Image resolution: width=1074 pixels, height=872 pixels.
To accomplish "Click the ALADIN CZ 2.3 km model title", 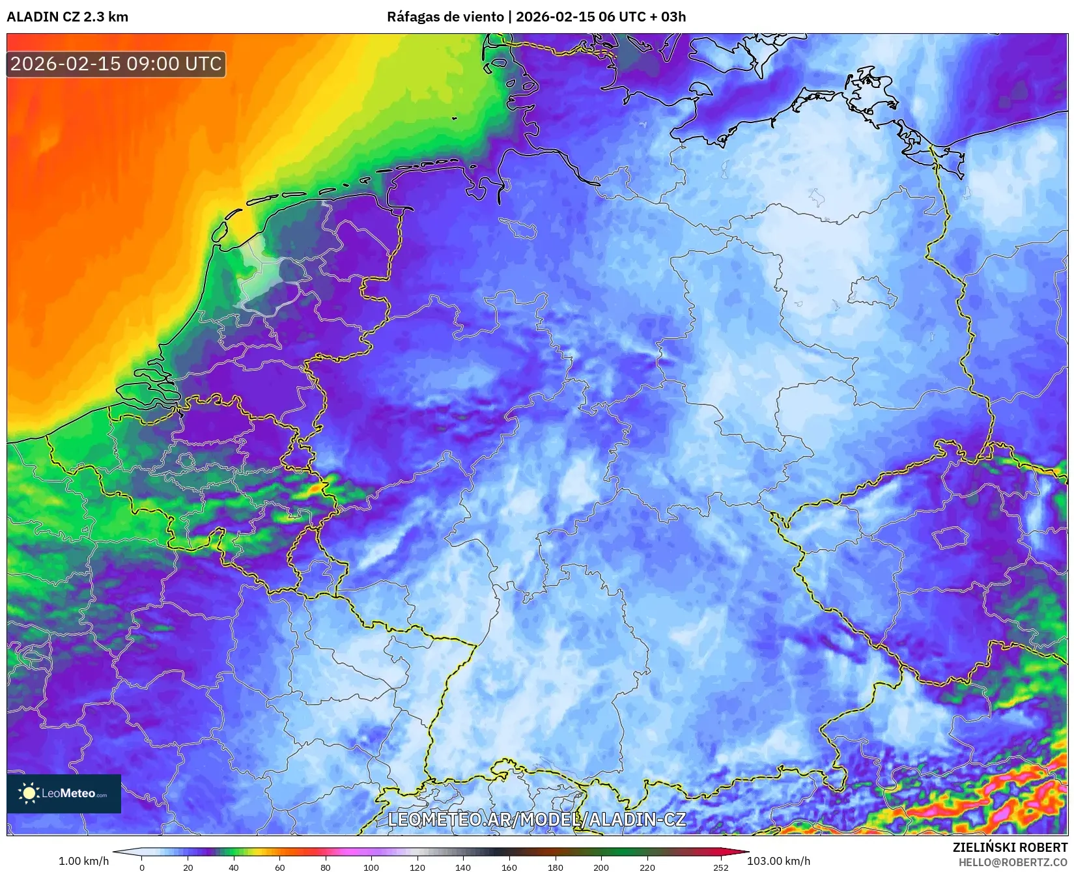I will point(67,17).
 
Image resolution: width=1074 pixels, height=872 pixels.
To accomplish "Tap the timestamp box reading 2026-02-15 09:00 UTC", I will point(116,64).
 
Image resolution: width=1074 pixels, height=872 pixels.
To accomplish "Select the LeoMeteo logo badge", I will point(64,793).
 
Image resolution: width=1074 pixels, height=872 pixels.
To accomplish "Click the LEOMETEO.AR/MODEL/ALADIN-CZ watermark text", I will point(537,819).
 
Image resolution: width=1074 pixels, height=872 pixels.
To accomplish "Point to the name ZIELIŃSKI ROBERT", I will point(1010,847).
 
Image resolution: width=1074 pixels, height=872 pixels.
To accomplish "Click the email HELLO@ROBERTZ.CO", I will point(1013,862).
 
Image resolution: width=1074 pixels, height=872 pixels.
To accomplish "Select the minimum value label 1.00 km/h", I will point(84,861).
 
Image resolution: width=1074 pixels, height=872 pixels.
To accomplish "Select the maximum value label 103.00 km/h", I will point(778,861).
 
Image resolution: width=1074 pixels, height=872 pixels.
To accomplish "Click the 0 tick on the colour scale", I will point(142,867).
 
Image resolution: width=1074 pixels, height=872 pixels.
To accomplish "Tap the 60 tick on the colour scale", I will point(279,867).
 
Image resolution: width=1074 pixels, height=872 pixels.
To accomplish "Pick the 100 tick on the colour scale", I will point(371,867).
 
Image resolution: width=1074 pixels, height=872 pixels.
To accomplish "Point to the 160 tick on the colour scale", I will point(509,867).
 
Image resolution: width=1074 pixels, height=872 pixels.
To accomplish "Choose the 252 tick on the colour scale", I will point(720,867).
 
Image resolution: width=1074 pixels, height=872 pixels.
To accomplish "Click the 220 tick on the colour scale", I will point(647,867).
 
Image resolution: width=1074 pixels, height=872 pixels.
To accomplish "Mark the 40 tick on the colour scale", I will point(234,867).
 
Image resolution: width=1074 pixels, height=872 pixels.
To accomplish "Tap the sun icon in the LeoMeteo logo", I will point(29,793).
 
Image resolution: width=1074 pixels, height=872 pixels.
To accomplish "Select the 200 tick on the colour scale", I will point(601,867).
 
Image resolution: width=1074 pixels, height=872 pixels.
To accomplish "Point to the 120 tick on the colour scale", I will point(417,867).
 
